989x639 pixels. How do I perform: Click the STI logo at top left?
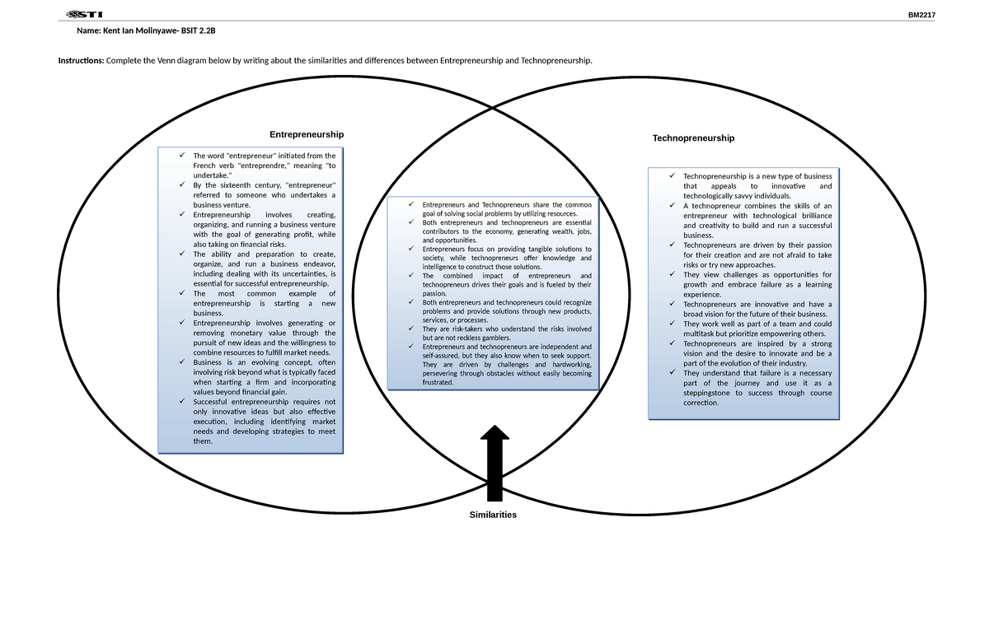[x=83, y=14]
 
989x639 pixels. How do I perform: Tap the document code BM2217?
[x=921, y=15]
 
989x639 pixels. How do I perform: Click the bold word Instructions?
[x=80, y=61]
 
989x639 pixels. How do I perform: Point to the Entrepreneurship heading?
[x=306, y=134]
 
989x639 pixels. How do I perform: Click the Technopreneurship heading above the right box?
[x=693, y=138]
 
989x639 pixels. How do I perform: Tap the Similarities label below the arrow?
[x=493, y=515]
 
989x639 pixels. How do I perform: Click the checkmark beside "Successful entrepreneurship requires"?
[x=181, y=402]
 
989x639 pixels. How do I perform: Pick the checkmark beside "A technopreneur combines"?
[x=673, y=206]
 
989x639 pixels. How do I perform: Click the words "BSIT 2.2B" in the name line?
[x=198, y=30]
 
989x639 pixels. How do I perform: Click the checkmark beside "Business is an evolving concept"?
[x=181, y=362]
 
